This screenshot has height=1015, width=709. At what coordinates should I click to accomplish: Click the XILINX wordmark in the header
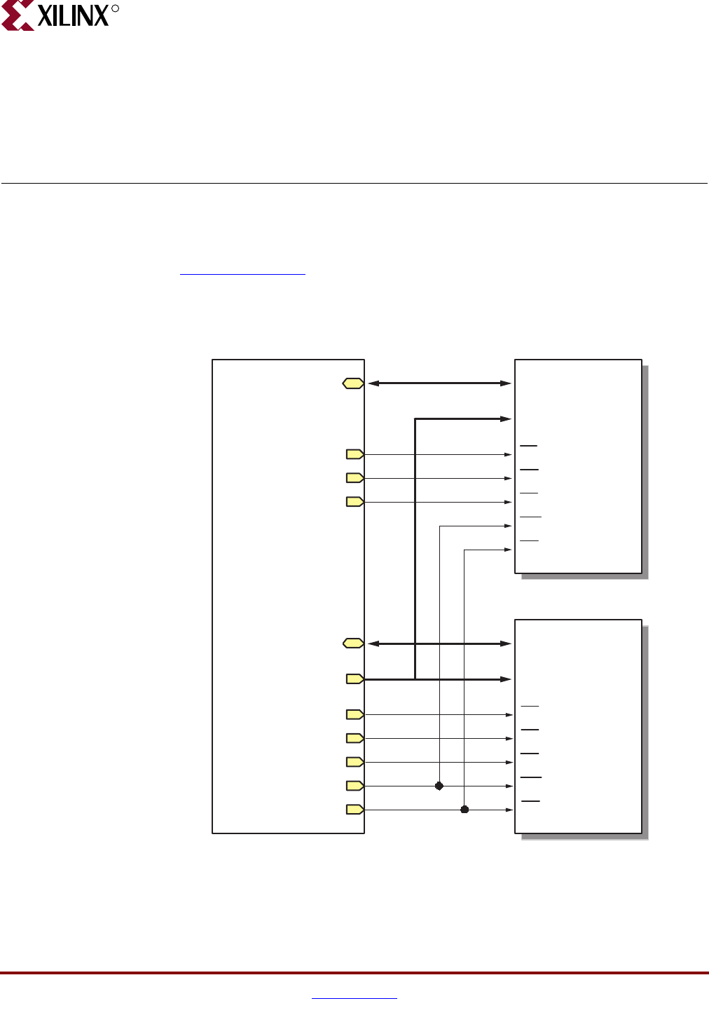pos(73,15)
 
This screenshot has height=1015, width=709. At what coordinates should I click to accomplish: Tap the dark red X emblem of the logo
pos(18,15)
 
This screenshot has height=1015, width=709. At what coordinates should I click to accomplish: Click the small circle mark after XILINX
pos(116,9)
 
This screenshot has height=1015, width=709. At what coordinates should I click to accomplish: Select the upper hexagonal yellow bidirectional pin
pos(353,383)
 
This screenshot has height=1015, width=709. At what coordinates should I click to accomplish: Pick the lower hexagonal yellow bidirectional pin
pos(353,643)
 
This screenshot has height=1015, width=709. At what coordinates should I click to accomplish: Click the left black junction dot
pos(439,786)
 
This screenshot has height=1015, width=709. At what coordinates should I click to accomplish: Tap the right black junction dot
pos(464,810)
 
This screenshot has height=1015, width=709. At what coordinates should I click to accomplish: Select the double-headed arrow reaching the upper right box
pos(439,383)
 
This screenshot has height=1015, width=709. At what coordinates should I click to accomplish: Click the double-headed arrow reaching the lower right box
pos(439,643)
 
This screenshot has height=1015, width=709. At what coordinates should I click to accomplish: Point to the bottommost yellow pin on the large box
pos(355,810)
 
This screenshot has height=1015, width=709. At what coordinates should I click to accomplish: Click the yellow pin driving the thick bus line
pos(355,679)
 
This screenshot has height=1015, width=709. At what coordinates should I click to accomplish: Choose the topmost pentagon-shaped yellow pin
pos(355,454)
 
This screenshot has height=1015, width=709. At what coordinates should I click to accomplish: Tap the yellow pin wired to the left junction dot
pos(355,786)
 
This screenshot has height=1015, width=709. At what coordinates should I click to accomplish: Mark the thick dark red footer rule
pos(354,973)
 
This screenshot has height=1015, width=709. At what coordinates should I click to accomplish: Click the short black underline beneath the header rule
pos(242,274)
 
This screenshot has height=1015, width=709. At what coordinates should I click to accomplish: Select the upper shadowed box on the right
pos(578,466)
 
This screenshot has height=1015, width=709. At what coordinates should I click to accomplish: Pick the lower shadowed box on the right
pos(578,726)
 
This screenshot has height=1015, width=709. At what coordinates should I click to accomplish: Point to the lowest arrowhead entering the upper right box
pos(509,550)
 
